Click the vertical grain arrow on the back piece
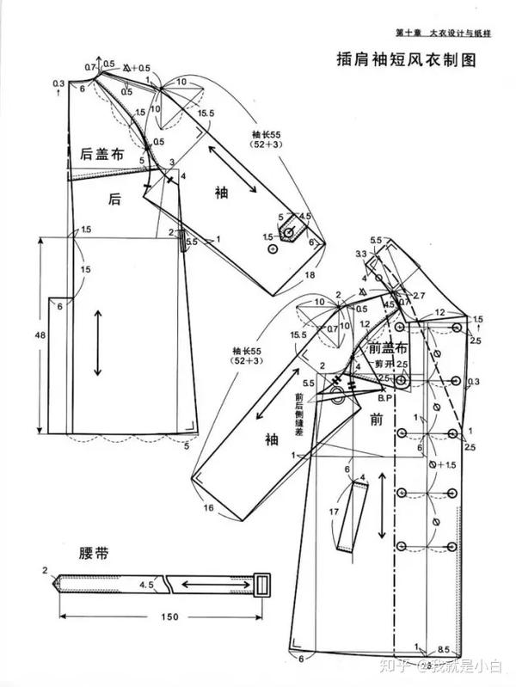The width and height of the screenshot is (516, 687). pos(97,341)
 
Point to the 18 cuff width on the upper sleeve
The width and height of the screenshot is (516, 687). pos(310,274)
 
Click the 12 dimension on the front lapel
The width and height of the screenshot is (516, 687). pos(439,312)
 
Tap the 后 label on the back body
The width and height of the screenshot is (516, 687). pos(114,199)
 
